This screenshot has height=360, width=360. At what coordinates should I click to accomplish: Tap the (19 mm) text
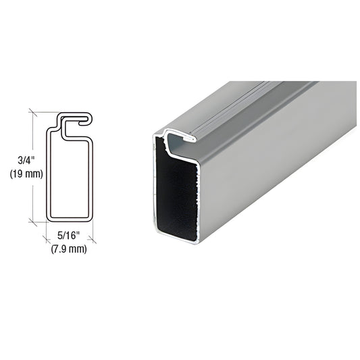click(26, 174)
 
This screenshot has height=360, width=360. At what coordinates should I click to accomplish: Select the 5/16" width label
click(68, 235)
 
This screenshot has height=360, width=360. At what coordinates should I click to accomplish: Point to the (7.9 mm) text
click(69, 249)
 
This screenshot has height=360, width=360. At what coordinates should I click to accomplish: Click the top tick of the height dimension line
click(33, 112)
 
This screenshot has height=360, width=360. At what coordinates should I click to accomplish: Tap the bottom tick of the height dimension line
click(33, 222)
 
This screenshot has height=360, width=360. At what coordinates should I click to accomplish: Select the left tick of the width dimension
click(47, 239)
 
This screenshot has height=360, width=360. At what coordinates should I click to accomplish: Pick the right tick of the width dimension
click(93, 239)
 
